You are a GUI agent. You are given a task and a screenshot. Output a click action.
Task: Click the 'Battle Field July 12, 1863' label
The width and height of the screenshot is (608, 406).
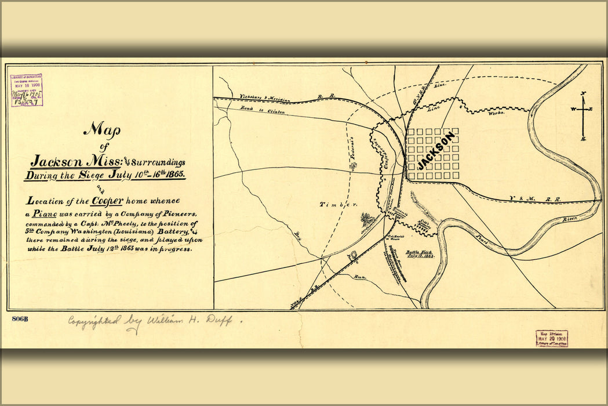(420, 253)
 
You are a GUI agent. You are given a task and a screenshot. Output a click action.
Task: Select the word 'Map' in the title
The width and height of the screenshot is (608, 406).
(101, 130)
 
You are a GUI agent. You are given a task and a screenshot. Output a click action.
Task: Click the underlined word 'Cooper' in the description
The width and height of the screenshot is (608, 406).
(105, 201)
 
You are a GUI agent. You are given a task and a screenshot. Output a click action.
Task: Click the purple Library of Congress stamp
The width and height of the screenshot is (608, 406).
(27, 90)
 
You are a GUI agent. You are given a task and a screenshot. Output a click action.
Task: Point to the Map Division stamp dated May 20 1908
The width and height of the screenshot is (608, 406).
(551, 338)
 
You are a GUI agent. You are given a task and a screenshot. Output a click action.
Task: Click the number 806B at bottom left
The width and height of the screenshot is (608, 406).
(20, 319)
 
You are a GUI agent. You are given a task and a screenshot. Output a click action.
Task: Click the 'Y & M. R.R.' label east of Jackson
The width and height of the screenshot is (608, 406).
(534, 199)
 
